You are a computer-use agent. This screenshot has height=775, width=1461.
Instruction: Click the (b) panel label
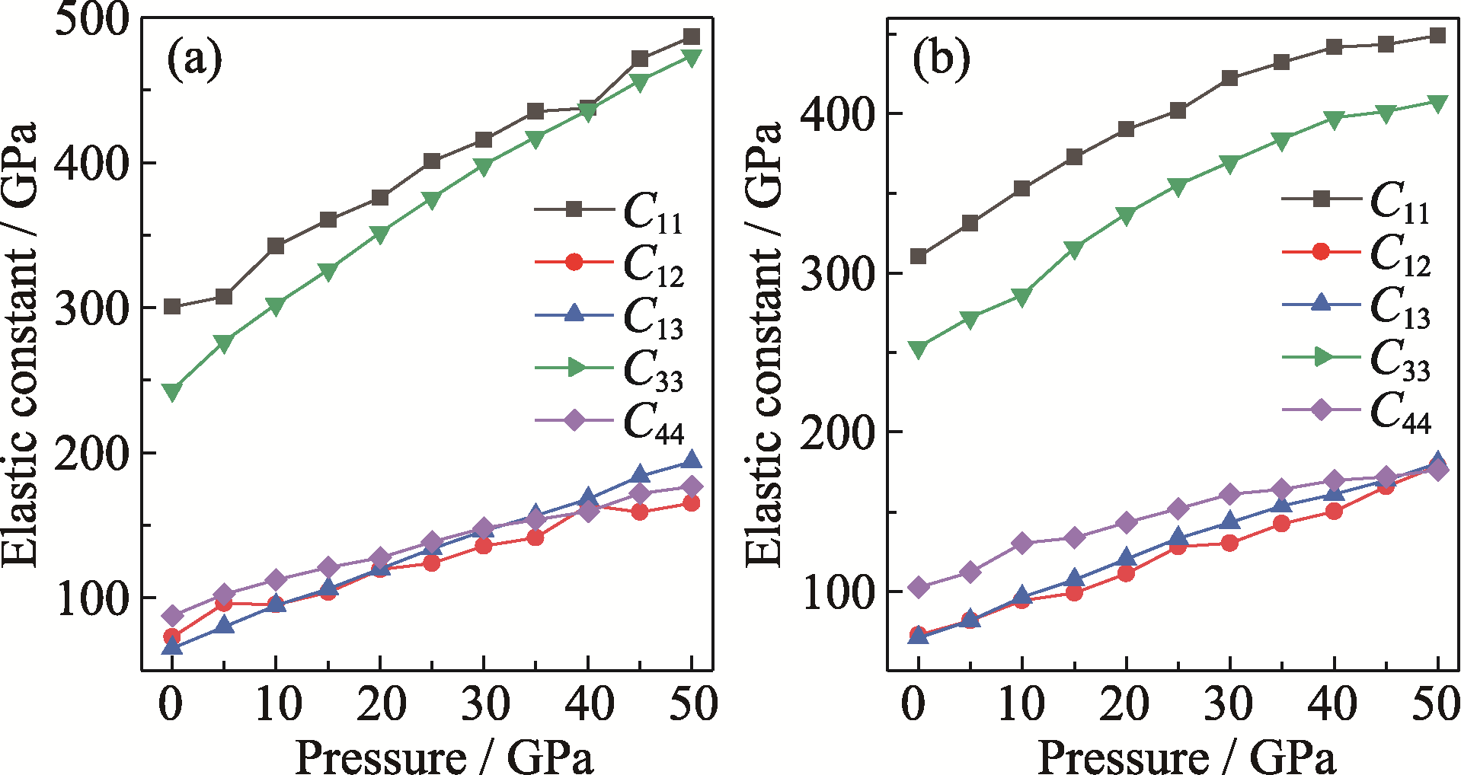click(x=941, y=59)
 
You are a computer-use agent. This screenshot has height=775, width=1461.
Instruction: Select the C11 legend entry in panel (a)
click(x=609, y=209)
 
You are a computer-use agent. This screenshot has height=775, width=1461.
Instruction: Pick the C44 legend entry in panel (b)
click(x=1357, y=410)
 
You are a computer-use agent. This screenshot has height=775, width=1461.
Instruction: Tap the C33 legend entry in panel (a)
click(x=609, y=368)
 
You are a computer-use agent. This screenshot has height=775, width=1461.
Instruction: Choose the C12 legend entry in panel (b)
click(x=1357, y=252)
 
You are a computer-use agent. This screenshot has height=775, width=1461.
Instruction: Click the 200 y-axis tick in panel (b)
click(x=836, y=432)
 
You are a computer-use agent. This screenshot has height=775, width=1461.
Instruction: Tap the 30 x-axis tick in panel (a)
click(x=484, y=703)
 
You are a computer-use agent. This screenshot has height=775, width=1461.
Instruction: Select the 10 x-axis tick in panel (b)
click(x=1022, y=703)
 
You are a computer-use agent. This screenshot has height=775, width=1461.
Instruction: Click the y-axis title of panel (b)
click(x=764, y=343)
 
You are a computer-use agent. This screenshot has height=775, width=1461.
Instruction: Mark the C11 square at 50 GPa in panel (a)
click(x=691, y=37)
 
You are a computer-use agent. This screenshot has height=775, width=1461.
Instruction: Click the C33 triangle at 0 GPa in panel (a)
click(x=172, y=392)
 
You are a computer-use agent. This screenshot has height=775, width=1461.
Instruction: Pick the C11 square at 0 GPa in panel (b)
click(x=919, y=257)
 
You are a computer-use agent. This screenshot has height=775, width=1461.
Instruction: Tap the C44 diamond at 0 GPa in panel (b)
click(x=919, y=587)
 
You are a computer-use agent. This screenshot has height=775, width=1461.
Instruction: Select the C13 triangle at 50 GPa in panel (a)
click(x=691, y=460)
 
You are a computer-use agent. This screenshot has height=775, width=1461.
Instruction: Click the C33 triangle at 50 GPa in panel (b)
click(x=1437, y=104)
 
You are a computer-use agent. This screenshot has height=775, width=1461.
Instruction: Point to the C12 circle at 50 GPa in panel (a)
click(x=691, y=503)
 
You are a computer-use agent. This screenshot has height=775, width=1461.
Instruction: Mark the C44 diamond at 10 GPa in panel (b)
click(x=1022, y=543)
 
